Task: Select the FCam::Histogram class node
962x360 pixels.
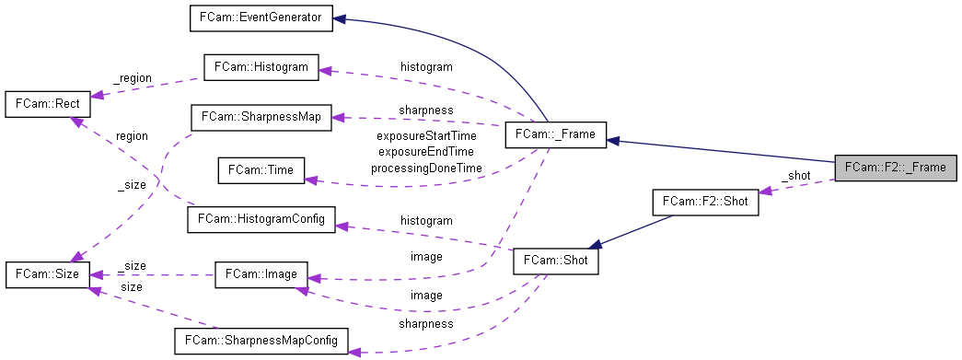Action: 261,67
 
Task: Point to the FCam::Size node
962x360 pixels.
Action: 47,273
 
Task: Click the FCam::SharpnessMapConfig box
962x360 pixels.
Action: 261,341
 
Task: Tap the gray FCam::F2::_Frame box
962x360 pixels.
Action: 894,167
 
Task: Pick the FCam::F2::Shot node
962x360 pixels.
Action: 705,203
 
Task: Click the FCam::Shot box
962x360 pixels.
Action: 555,261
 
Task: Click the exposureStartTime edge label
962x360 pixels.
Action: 426,135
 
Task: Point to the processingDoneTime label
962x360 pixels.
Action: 426,168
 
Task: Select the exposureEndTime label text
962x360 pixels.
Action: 426,152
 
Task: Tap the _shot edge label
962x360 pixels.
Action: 795,175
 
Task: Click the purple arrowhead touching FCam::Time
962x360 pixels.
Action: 310,180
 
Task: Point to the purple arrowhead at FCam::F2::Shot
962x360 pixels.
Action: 766,190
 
